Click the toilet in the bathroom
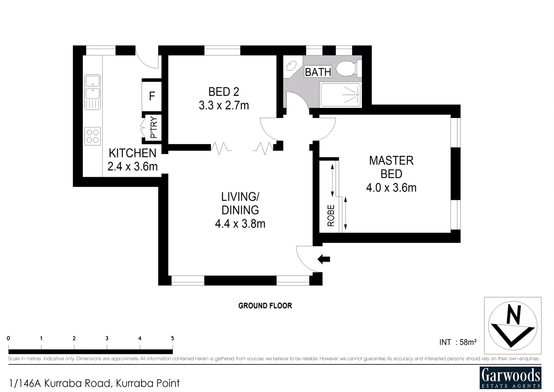point(347,68)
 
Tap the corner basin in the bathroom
point(291,66)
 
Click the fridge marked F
point(152,96)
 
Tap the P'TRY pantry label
point(153,127)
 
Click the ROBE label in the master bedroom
point(331,216)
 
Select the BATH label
point(318,72)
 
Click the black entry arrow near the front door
point(324,259)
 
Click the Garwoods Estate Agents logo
point(510,377)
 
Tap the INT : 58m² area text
point(458,342)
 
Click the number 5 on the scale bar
point(173,338)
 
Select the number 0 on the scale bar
point(8,338)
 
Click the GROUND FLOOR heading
point(265,306)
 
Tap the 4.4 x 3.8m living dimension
point(240,224)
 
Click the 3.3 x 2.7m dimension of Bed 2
point(224,105)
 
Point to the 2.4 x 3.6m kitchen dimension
point(132,166)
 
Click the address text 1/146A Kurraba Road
point(95,383)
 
